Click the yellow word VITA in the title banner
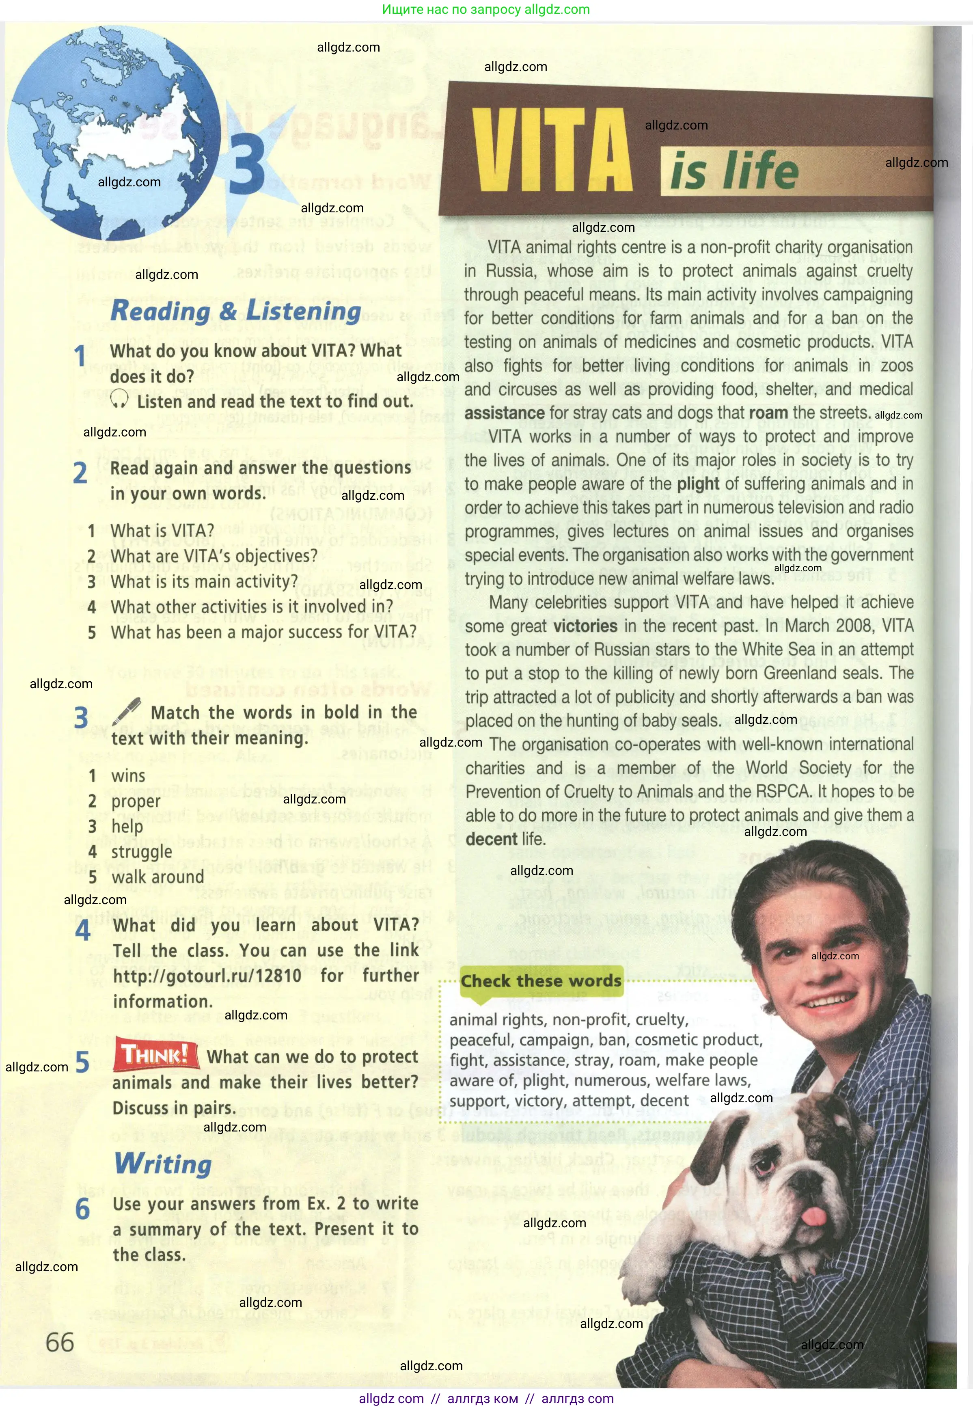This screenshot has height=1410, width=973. tap(552, 151)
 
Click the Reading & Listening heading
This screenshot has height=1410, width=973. tap(236, 311)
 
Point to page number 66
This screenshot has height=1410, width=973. tap(60, 1342)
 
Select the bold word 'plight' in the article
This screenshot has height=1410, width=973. tap(698, 484)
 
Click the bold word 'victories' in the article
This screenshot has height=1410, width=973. tap(585, 626)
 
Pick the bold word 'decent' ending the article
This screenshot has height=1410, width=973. tap(492, 840)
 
